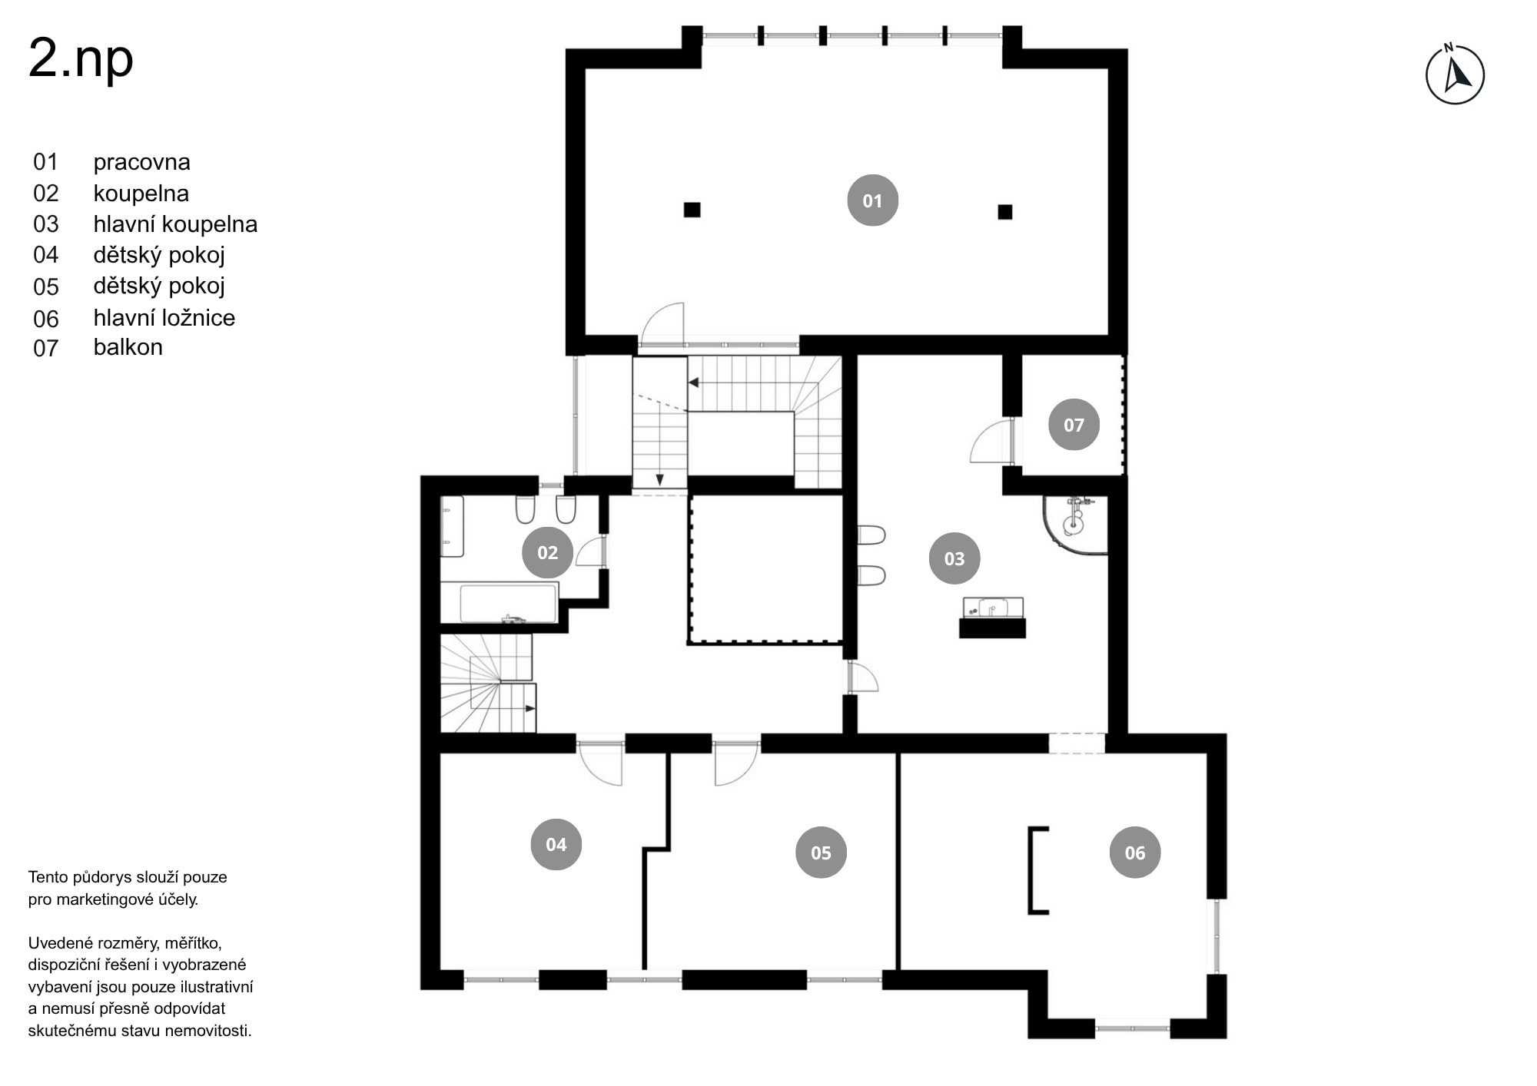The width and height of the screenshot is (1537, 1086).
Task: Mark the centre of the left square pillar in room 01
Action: point(692,210)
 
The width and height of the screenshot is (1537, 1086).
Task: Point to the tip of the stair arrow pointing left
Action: point(689,382)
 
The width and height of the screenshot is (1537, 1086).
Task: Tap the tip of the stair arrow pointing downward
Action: point(659,485)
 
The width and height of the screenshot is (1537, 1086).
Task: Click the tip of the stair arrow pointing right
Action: point(536,708)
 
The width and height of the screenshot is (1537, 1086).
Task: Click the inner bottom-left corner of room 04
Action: point(440,969)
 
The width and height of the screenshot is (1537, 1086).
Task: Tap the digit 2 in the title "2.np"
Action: point(43,59)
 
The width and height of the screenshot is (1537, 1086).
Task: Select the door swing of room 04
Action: point(600,764)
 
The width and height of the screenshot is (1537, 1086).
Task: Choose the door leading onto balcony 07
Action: point(993,441)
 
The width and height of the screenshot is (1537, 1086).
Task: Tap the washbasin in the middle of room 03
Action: point(992,608)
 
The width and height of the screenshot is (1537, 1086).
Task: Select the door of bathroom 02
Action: point(590,551)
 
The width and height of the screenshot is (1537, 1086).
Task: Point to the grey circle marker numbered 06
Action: point(1134,853)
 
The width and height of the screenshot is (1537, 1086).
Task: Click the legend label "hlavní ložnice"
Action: point(164,317)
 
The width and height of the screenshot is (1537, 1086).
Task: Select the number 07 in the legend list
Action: point(45,348)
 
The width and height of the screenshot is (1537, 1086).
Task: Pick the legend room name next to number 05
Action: point(159,286)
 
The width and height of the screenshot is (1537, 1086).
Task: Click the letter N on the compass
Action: point(1449,48)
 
